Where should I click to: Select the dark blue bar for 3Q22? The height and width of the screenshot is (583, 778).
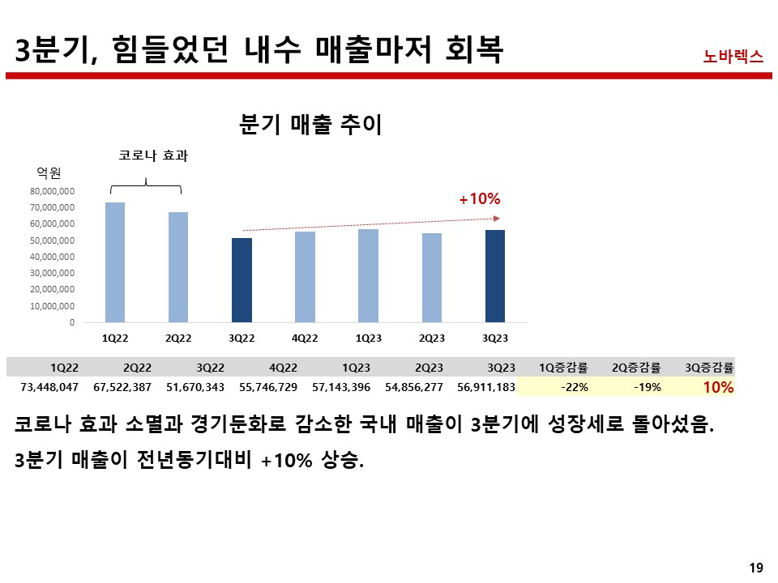[242, 279]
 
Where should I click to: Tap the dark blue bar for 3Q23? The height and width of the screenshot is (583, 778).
[494, 275]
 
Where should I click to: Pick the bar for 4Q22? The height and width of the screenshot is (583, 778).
[305, 276]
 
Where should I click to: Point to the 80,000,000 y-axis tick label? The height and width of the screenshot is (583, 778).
[53, 191]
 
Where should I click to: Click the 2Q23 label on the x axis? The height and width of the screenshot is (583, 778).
[431, 338]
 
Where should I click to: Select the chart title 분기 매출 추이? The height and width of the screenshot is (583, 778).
[311, 125]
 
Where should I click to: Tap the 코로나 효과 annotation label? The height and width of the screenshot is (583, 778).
[153, 155]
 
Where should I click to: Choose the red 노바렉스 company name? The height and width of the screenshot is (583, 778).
[733, 56]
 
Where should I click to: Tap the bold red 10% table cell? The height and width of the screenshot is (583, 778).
[718, 387]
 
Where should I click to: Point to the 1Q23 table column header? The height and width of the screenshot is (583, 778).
[357, 367]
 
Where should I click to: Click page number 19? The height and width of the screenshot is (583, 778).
[756, 567]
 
